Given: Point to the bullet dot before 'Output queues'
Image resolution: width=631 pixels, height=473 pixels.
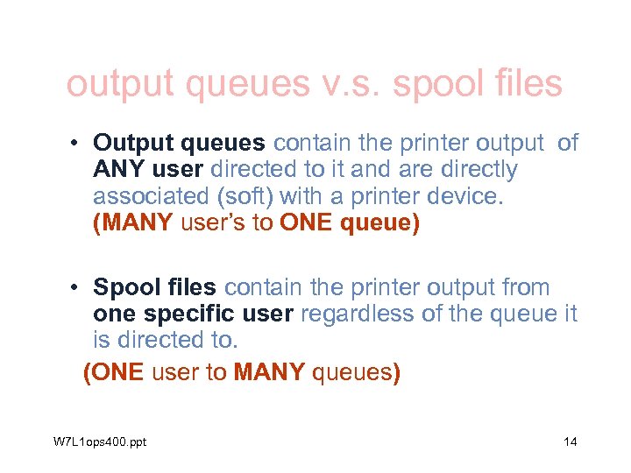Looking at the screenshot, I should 77,144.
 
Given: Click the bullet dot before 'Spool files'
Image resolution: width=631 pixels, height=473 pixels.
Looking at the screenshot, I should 77,288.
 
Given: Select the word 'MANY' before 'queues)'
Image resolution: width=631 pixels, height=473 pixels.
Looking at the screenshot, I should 269,372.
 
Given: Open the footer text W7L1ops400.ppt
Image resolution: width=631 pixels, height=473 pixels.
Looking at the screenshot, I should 100,441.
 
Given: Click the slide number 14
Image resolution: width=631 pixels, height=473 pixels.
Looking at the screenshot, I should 570,441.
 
